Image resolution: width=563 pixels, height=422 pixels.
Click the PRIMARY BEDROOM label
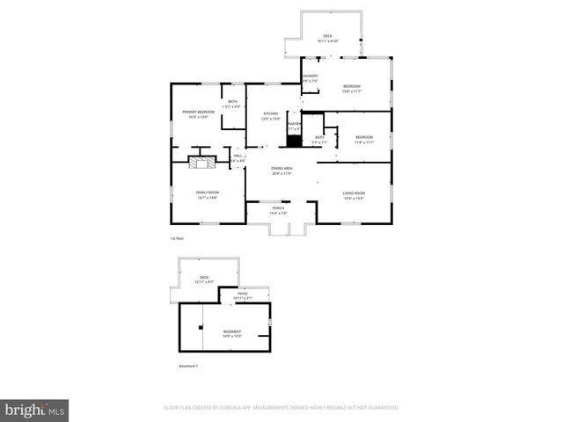coord(199,112)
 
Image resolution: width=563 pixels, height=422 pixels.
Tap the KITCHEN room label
coord(271,113)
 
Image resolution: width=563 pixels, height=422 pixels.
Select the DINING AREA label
coord(281,168)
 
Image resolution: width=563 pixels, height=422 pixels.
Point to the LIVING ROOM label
coord(354,193)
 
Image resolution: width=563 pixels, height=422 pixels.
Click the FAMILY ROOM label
coord(207,193)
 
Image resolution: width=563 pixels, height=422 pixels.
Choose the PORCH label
coord(278,208)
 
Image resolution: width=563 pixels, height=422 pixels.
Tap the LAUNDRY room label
coord(310,76)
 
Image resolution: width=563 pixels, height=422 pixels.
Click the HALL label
coord(238,156)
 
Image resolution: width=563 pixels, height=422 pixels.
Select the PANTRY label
coord(294,124)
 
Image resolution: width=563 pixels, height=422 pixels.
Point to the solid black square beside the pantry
coord(294,141)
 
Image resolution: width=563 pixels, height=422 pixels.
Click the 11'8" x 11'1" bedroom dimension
coord(364,142)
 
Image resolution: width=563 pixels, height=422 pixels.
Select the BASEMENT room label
coord(232,331)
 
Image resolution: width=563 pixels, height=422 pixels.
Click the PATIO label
coord(242,294)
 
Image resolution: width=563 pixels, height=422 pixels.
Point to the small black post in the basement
coord(201,327)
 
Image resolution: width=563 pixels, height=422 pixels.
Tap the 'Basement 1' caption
coord(188,366)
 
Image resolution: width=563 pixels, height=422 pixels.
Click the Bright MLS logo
coord(35,410)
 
